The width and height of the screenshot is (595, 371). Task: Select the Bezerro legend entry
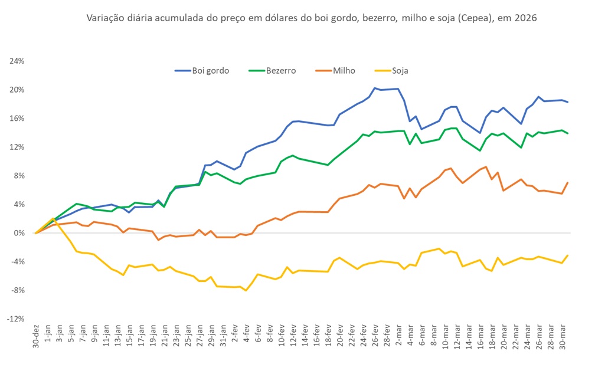tap(278, 71)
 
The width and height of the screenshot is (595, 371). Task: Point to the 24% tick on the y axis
tap(17, 61)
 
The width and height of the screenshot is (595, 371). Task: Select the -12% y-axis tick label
tap(15, 319)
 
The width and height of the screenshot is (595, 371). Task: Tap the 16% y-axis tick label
tap(17, 119)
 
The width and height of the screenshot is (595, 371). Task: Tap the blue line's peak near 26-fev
tap(375, 88)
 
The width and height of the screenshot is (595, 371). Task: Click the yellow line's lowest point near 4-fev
tap(246, 290)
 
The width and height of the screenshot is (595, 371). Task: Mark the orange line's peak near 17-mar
tap(485, 167)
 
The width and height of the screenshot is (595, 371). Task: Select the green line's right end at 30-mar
tap(567, 133)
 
